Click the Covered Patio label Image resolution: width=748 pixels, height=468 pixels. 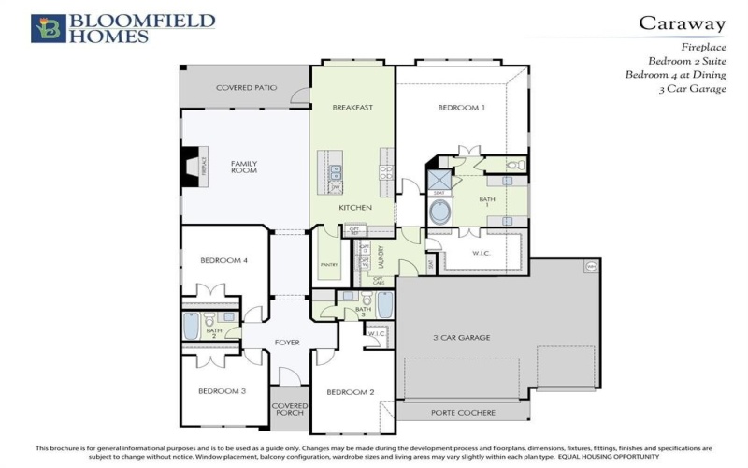247,88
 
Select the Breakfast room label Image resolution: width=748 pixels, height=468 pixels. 352,108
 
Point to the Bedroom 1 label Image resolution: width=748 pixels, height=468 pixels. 462,108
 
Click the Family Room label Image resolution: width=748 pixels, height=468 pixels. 244,168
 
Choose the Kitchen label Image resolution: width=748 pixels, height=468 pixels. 355,207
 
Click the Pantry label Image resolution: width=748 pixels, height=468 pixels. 329,265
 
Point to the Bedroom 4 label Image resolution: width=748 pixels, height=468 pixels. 223,260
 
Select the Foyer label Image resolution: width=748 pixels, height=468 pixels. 287,343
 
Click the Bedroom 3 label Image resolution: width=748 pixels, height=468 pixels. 222,390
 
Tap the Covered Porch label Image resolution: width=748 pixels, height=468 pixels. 290,410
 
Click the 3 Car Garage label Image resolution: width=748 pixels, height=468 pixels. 461,337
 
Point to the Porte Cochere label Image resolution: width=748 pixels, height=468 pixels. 463,412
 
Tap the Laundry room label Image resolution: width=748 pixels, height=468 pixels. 381,257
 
